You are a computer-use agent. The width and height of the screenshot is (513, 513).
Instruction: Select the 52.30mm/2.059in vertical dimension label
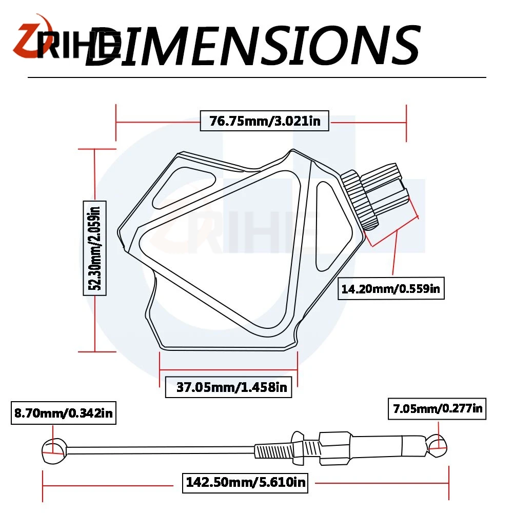95,248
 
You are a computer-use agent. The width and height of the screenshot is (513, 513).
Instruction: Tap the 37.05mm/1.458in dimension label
229,387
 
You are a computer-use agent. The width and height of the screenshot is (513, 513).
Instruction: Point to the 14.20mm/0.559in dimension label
390,288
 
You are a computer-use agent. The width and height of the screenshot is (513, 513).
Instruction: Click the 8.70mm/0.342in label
63,412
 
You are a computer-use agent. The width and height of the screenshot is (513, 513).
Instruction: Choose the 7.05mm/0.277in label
437,409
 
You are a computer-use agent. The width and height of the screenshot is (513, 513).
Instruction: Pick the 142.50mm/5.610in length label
245,482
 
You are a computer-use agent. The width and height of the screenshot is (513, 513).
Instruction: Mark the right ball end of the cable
437,445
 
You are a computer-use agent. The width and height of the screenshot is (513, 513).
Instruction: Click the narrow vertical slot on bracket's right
326,226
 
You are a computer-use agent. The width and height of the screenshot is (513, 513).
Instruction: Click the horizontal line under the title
256,77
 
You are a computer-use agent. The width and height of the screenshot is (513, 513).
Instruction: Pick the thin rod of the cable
154,450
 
